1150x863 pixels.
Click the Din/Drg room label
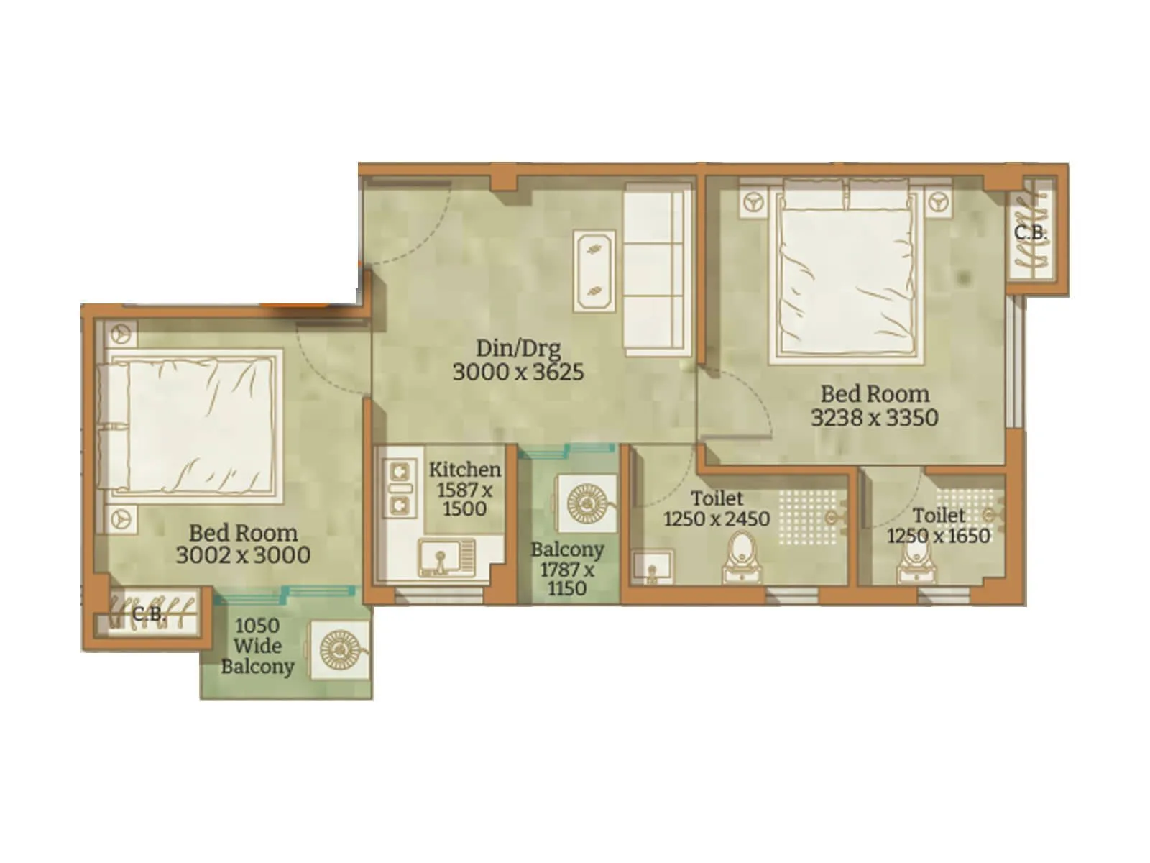coord(517,348)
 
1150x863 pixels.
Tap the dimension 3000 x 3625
coord(517,373)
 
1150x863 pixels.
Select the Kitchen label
coord(464,470)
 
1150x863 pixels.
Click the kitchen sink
coord(439,558)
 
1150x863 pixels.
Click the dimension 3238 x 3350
coord(874,418)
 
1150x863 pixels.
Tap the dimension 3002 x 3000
coord(243,555)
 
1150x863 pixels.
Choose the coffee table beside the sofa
coord(594,271)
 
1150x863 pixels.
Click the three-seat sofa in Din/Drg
coord(655,270)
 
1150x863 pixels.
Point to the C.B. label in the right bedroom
coord(1030,233)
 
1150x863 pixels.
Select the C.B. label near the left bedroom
coord(149,614)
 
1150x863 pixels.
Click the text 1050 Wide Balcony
coord(257,646)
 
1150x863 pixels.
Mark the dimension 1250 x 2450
coord(716,519)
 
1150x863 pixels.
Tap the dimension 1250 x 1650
coord(938,536)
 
